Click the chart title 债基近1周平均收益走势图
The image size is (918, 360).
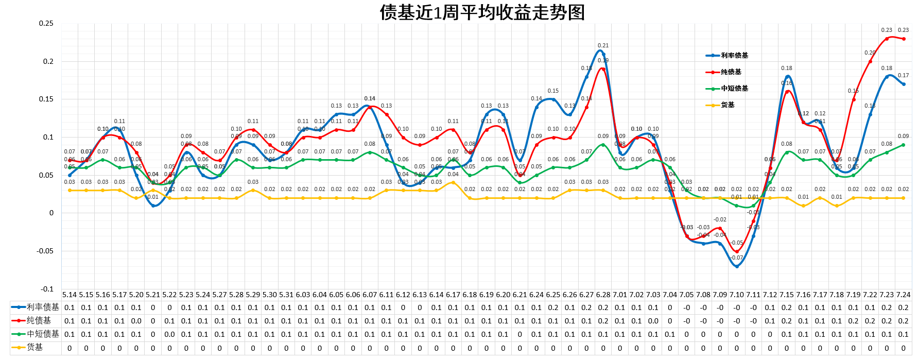482,12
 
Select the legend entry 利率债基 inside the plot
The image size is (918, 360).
734,56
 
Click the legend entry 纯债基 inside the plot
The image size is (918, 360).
731,72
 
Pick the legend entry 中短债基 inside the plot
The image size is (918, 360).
734,89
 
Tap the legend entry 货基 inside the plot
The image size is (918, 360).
728,105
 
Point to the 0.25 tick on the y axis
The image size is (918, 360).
46,24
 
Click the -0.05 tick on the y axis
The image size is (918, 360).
45,251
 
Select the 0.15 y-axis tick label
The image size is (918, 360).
46,99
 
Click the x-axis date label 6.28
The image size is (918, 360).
603,295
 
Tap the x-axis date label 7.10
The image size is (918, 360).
736,295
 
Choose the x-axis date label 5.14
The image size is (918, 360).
70,295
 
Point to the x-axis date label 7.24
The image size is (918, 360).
903,295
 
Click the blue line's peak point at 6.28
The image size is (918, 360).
603,54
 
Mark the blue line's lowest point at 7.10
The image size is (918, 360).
737,266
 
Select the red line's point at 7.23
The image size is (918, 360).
887,39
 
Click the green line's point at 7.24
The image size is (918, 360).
904,145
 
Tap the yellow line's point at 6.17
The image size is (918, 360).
453,183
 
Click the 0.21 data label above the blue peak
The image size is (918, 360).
603,46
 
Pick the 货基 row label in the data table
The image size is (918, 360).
35,348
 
